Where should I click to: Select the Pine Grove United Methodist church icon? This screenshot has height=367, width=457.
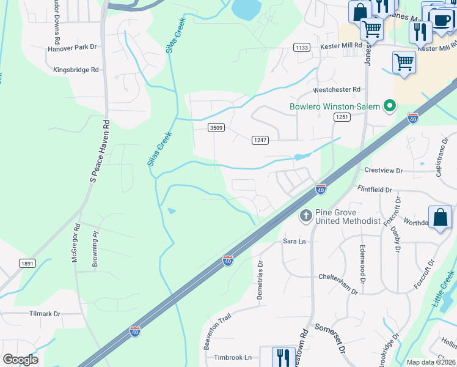(x=305, y=215)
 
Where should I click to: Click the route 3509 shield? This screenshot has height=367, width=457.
(x=216, y=127)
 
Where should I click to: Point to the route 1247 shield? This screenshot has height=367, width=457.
(x=260, y=140)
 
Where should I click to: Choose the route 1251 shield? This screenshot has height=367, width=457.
(x=341, y=117)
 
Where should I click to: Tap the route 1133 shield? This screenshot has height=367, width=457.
(x=301, y=47)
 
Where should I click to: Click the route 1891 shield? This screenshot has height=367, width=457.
(x=27, y=263)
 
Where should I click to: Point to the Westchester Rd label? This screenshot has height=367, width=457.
(x=337, y=89)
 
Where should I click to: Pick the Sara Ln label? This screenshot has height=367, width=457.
(x=293, y=242)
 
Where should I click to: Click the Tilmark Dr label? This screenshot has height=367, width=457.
(x=45, y=314)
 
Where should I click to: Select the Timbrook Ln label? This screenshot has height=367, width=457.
(x=232, y=357)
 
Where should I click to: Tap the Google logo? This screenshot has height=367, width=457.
(x=20, y=360)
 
